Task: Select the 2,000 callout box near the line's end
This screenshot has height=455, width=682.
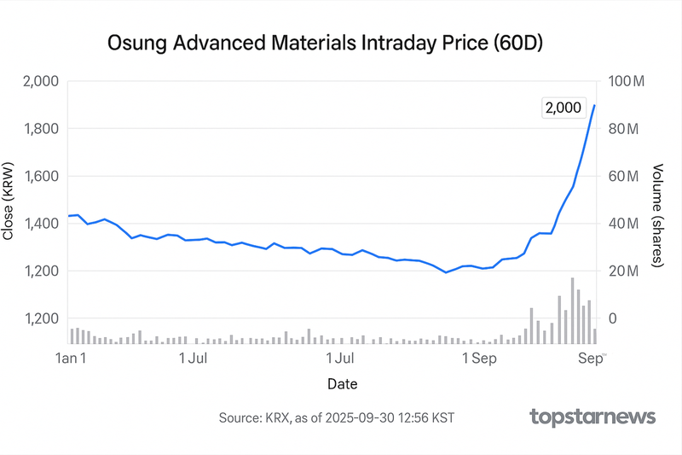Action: pyautogui.click(x=562, y=108)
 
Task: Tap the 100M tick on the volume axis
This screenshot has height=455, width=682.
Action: pyautogui.click(x=629, y=81)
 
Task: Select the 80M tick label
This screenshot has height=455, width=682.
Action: pyautogui.click(x=623, y=129)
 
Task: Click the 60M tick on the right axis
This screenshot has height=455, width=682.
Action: pyautogui.click(x=623, y=177)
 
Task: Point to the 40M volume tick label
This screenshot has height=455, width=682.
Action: pyautogui.click(x=623, y=224)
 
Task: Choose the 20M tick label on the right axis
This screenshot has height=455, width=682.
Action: pyautogui.click(x=623, y=271)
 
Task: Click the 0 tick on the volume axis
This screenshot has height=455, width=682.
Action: pyautogui.click(x=610, y=318)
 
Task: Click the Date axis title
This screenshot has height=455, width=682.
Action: pyautogui.click(x=342, y=384)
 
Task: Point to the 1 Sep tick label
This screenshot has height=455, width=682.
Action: pyautogui.click(x=478, y=359)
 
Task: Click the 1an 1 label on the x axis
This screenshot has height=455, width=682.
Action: pyautogui.click(x=71, y=359)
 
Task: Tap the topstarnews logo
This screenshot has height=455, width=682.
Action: pyautogui.click(x=592, y=417)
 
